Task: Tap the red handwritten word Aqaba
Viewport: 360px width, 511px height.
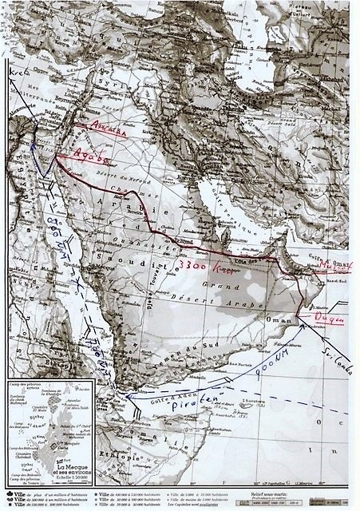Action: point(90,156)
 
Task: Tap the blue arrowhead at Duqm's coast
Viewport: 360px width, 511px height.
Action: point(301,324)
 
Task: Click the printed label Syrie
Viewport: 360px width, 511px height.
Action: point(105,85)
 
